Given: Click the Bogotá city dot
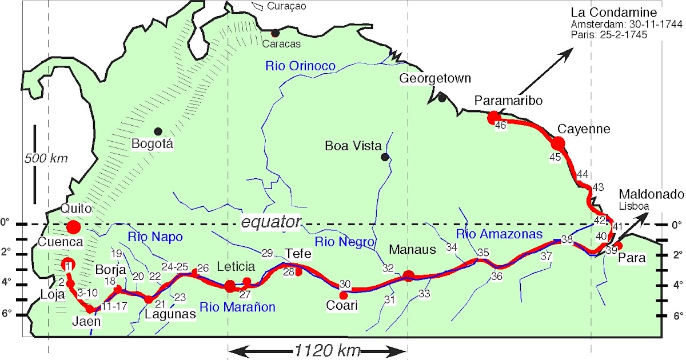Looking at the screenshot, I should (158, 131).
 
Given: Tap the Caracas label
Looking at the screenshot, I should (281, 43).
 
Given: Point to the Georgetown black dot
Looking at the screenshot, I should (442, 98).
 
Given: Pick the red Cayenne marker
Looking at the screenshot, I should (559, 143).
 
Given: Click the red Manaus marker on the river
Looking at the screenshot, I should (409, 276).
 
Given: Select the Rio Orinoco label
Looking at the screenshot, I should (300, 66).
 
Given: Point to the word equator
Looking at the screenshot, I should (270, 223).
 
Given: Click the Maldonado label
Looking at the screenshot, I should (651, 194).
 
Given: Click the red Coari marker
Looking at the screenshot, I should (344, 295).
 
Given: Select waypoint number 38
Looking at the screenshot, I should (567, 240).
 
